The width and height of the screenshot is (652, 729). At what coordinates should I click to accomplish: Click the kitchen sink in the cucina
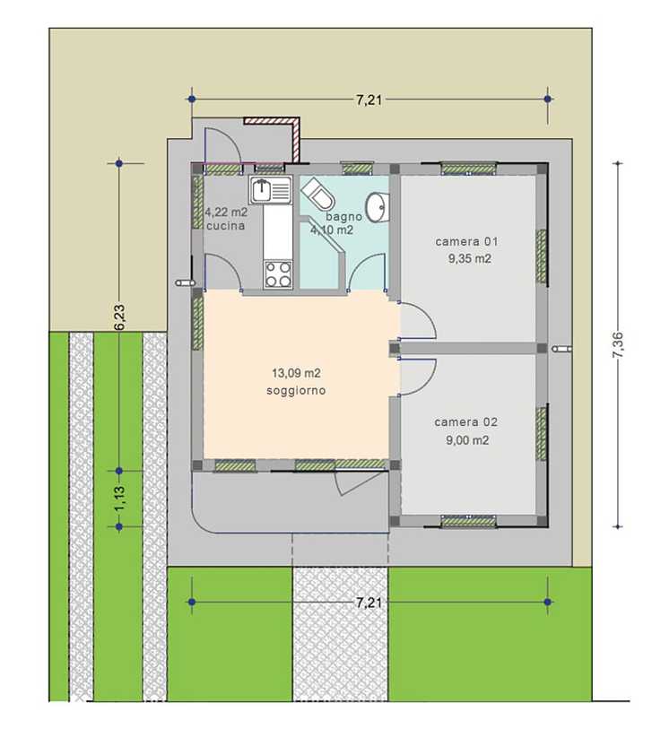271,190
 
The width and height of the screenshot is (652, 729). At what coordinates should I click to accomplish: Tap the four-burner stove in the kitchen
278,274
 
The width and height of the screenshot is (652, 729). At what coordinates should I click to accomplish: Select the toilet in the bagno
318,195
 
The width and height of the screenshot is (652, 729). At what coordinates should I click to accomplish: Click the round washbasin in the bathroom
377,207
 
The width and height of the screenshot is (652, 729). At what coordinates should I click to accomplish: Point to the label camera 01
466,242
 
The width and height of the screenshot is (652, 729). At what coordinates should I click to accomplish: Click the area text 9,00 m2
467,439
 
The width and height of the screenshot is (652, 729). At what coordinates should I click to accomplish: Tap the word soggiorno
296,391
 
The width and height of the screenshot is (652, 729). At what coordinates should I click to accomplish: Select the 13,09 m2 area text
296,373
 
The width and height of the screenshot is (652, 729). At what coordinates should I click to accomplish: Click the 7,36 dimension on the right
619,344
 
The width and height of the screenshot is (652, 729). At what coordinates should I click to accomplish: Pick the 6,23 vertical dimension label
119,317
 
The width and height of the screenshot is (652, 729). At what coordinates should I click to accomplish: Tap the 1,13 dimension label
119,499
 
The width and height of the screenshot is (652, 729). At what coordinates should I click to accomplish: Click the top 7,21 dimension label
369,100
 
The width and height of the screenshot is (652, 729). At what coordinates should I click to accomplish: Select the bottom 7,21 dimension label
369,603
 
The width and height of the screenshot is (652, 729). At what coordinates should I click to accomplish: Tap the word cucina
225,226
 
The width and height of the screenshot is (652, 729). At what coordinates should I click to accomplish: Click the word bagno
343,217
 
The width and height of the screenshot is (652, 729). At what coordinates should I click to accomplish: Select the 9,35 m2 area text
470,259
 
